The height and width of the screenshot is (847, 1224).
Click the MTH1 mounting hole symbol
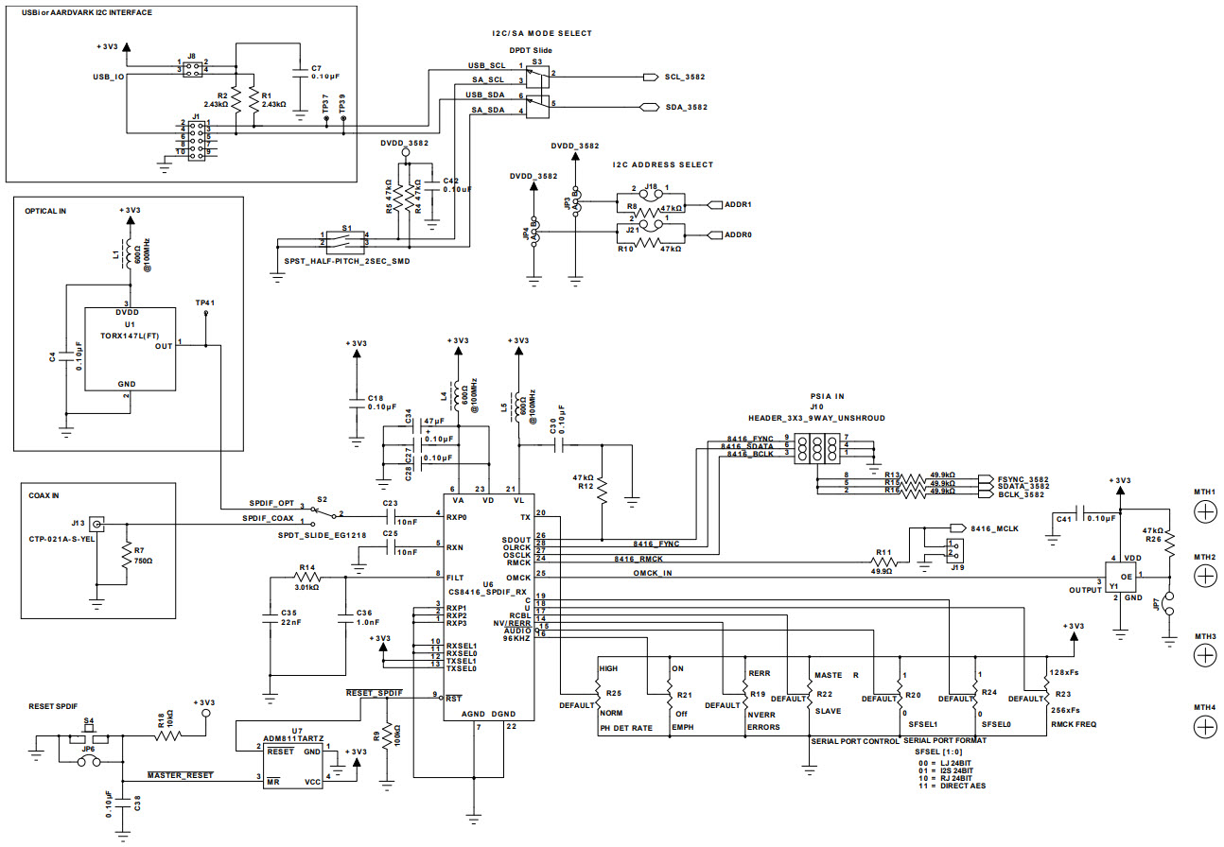1205,511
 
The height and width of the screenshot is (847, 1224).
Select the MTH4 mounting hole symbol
1205,726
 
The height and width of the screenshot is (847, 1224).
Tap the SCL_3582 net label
685,77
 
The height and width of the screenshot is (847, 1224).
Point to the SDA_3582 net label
686,107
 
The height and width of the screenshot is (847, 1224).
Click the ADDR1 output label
737,204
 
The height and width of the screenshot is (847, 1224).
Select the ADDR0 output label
737,235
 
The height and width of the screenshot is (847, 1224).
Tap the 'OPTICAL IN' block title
45,211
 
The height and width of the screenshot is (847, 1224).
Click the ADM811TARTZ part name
295,739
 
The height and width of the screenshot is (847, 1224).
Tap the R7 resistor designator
139,549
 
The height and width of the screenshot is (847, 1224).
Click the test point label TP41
205,303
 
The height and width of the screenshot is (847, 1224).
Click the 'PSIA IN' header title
826,396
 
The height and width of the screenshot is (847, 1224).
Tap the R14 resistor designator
306,567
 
